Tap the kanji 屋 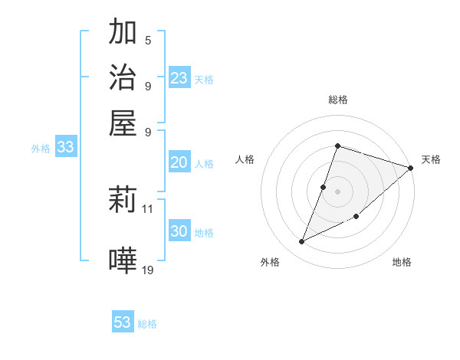point(123,123)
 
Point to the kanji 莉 point(123,201)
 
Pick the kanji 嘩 point(123,260)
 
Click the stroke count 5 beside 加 point(147,41)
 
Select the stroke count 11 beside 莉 point(148,208)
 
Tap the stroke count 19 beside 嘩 point(148,269)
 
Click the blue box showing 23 point(179,77)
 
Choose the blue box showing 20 point(179,162)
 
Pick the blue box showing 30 point(179,231)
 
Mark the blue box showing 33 point(65,148)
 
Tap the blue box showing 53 point(123,322)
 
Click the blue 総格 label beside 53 point(147,324)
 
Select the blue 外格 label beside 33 point(40,149)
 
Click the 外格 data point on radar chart point(302,242)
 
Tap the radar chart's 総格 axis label point(337,100)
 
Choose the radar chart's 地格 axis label point(402,262)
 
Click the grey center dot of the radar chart point(337,191)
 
